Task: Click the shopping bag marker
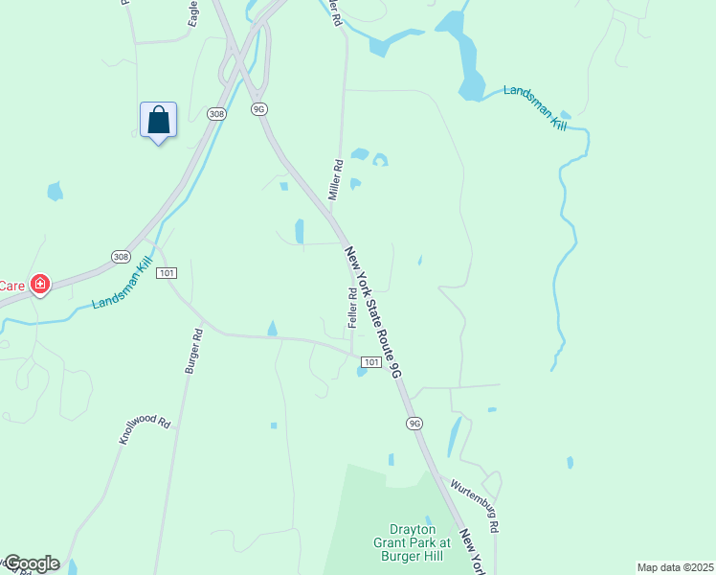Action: pyautogui.click(x=159, y=121)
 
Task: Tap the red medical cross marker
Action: pyautogui.click(x=40, y=284)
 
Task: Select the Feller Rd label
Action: pyautogui.click(x=352, y=307)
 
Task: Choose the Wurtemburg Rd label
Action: pyautogui.click(x=475, y=506)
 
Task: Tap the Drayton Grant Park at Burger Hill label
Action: pyautogui.click(x=414, y=541)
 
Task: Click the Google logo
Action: pyautogui.click(x=31, y=563)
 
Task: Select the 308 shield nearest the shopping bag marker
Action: pyautogui.click(x=215, y=113)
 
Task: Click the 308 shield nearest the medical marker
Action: pyautogui.click(x=120, y=257)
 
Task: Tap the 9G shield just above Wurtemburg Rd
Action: pyautogui.click(x=414, y=423)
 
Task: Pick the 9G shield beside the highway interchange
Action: pyautogui.click(x=258, y=109)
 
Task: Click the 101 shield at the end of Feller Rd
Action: pyautogui.click(x=370, y=361)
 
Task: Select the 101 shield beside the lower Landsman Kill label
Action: pyautogui.click(x=167, y=272)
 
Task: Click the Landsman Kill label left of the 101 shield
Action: pyautogui.click(x=122, y=290)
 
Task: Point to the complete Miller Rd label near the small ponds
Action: pyautogui.click(x=336, y=178)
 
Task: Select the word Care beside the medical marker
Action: pyautogui.click(x=11, y=285)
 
